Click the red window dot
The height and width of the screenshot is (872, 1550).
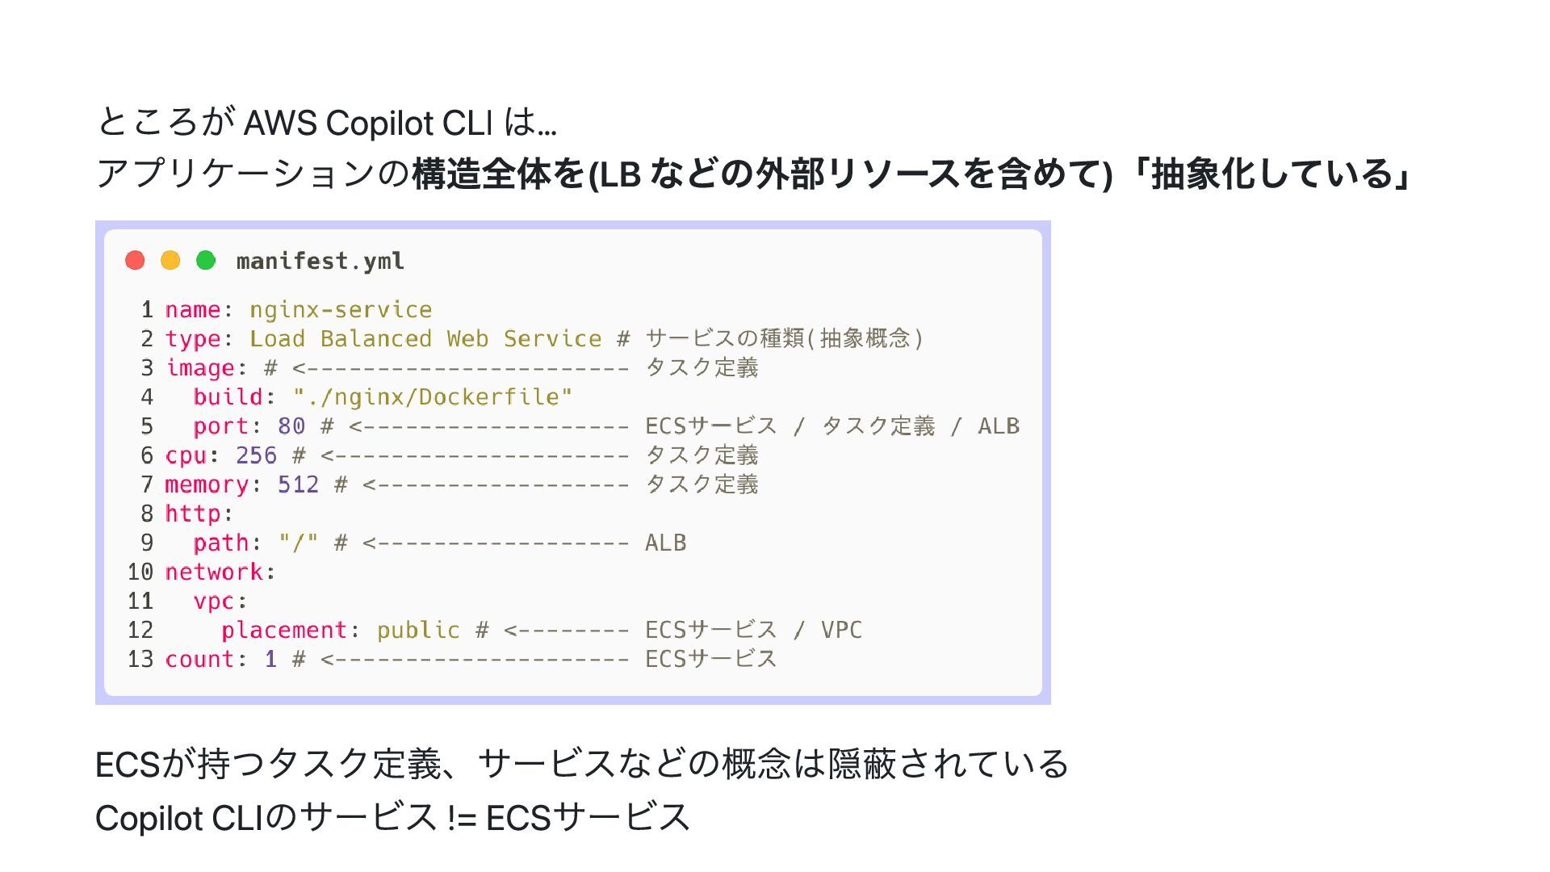(x=135, y=260)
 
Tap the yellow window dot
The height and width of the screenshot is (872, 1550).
(x=170, y=260)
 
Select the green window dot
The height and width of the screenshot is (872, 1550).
(x=206, y=260)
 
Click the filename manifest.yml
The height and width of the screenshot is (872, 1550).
(x=320, y=262)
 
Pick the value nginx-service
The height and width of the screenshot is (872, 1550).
(x=340, y=310)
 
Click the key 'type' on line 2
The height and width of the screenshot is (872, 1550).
(x=192, y=339)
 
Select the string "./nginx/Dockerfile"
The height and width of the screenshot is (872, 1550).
(x=433, y=397)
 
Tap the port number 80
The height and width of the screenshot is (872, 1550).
(x=291, y=426)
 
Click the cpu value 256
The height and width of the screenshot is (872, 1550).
(x=256, y=455)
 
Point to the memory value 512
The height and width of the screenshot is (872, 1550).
(x=298, y=484)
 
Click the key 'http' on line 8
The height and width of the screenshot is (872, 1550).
(x=192, y=514)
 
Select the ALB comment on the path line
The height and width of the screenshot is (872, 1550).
(x=665, y=543)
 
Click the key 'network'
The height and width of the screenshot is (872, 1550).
(x=213, y=572)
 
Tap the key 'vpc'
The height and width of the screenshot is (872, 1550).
(x=213, y=602)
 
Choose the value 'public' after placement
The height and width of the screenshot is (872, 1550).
(x=418, y=630)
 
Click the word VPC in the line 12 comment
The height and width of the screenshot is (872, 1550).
(x=841, y=630)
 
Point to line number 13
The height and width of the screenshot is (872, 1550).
(x=140, y=659)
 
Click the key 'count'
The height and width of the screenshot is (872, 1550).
(x=199, y=659)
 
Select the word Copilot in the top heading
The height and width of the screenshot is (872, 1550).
(x=380, y=124)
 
